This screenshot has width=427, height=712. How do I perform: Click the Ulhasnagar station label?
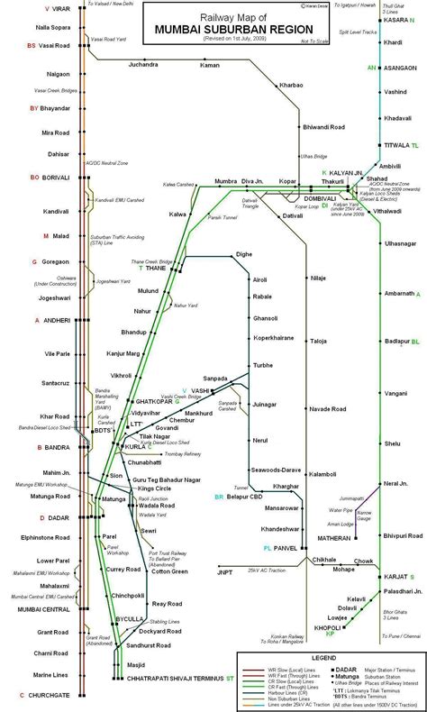pos(399,243)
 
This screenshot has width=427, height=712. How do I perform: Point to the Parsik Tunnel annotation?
pos(222,218)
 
